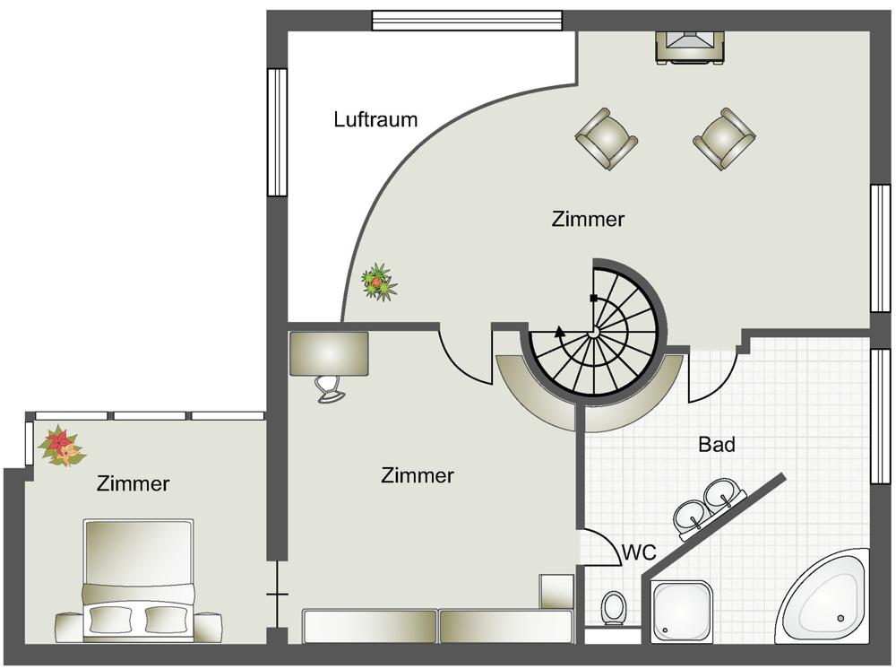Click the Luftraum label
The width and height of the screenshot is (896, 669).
[375, 119]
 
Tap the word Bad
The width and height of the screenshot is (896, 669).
[717, 444]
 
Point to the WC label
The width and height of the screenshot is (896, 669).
[639, 552]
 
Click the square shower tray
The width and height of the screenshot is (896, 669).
[683, 612]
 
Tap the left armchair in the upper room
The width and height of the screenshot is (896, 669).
[607, 138]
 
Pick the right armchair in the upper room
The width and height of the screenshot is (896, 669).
[725, 138]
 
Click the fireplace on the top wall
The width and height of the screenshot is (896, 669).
[690, 47]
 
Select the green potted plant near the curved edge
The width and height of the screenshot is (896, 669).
[378, 281]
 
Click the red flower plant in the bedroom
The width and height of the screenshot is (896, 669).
[61, 446]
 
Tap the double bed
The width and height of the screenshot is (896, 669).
[138, 579]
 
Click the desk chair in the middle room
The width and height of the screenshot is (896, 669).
[330, 389]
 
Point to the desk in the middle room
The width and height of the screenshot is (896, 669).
[329, 354]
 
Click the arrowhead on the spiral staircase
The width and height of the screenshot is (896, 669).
[560, 331]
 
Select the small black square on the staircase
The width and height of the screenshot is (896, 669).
[594, 298]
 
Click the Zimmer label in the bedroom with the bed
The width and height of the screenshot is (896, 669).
[133, 483]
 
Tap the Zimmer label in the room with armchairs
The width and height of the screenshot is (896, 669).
[588, 219]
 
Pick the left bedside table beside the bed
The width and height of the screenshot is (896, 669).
[69, 627]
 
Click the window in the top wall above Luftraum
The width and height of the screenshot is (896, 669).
[467, 21]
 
